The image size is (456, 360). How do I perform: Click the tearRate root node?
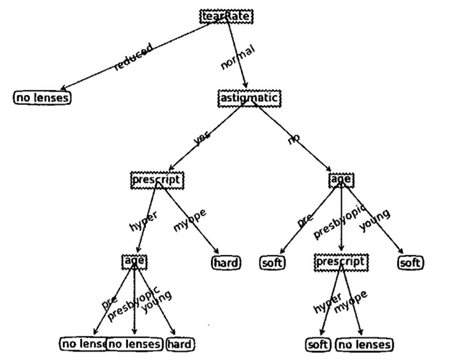pos(226,17)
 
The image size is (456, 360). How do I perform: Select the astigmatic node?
pos(249,98)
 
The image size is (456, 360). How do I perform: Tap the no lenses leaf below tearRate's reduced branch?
pos(42,97)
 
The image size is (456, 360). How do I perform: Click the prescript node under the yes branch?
pos(157,180)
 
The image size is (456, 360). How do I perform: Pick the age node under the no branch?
pos(341,180)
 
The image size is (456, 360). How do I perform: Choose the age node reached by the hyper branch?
pos(135,261)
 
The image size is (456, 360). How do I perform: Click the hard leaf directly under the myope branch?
pos(226,262)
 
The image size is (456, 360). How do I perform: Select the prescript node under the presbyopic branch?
pos(341,261)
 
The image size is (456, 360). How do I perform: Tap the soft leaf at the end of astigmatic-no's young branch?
pos(411,262)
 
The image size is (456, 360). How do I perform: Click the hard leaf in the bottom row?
pos(179,344)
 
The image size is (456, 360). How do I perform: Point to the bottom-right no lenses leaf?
pos(364,345)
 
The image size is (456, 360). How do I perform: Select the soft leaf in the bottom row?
pos(318,345)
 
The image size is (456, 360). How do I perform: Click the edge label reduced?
pos(133,57)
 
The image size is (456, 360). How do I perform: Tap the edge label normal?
pos(237,57)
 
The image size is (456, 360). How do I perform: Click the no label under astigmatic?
pos(293,138)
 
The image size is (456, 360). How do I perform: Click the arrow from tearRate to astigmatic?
pos(237,57)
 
